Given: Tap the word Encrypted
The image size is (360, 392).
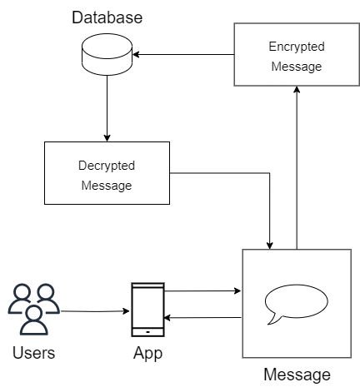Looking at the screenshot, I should click(297, 47).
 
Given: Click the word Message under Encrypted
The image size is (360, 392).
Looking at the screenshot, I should click(297, 67).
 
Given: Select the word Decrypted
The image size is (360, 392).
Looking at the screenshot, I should click(107, 166).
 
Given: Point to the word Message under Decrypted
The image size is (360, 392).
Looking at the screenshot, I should click(107, 186).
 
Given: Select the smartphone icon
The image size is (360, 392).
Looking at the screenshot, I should click(147, 310).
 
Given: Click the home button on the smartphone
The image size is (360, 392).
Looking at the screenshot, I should click(147, 331).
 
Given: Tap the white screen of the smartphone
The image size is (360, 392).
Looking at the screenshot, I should click(147, 307).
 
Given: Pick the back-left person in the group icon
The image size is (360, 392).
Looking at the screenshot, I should click(20, 302).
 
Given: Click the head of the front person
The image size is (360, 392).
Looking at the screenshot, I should click(34, 313).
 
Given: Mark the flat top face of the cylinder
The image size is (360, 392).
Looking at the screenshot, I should click(107, 43).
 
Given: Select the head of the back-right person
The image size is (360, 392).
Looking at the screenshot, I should click(46, 292).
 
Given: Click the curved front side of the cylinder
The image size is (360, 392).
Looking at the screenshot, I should click(107, 62).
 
